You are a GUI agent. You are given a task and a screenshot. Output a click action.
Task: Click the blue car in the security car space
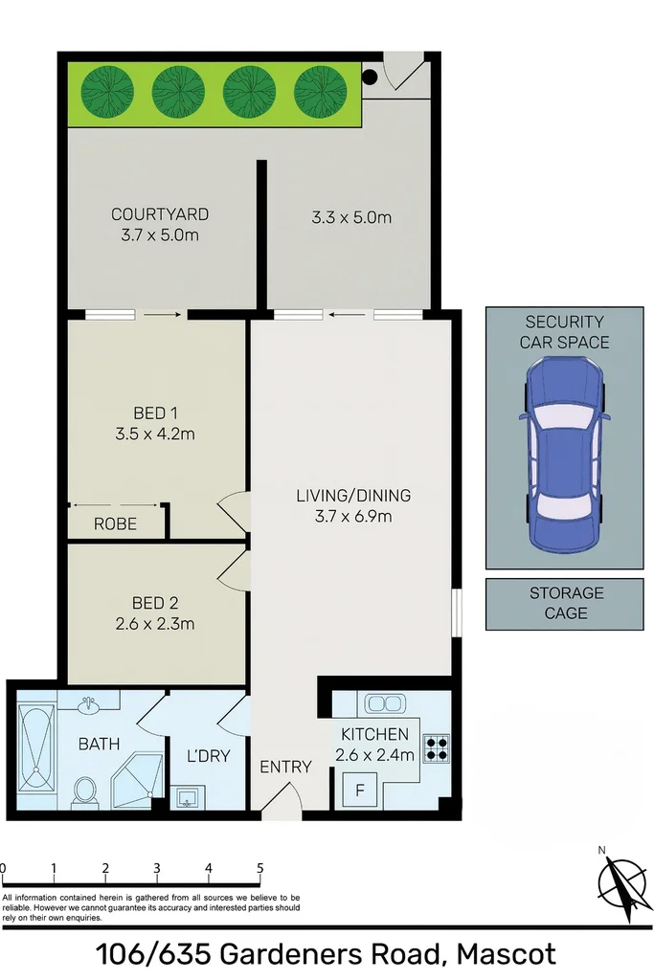[564, 455]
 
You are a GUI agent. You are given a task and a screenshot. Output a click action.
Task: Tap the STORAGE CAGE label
[566, 603]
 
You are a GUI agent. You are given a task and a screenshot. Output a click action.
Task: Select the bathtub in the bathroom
[35, 749]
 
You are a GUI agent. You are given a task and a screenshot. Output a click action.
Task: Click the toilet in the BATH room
[84, 791]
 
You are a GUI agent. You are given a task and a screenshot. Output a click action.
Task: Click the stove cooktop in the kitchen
[437, 746]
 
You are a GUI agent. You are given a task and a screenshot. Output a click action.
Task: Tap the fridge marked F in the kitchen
[360, 791]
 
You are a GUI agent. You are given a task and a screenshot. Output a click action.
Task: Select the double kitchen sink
[383, 703]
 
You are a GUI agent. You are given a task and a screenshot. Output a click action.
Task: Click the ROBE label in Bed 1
[115, 524]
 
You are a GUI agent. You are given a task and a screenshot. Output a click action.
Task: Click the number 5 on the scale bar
[259, 869]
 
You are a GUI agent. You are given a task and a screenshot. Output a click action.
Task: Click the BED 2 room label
[155, 604]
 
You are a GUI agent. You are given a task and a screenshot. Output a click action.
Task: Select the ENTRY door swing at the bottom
[282, 802]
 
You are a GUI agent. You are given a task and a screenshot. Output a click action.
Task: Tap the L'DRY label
[208, 756]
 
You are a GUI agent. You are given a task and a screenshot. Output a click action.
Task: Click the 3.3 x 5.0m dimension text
[351, 217]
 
